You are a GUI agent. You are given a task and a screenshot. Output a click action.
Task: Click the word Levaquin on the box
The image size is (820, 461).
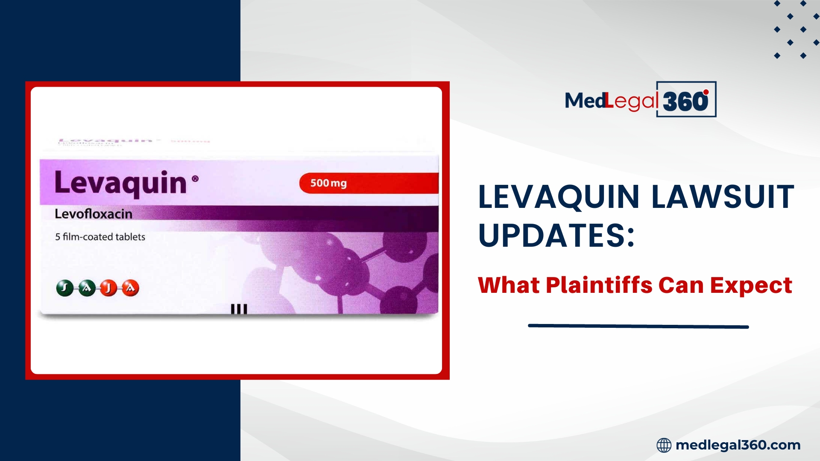click(x=120, y=184)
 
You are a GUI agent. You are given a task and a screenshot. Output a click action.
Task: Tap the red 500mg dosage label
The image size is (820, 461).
click(x=328, y=183)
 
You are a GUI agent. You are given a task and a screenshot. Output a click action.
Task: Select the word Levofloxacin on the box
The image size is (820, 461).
click(x=93, y=214)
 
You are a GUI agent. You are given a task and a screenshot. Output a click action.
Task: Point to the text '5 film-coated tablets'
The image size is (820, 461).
click(x=100, y=237)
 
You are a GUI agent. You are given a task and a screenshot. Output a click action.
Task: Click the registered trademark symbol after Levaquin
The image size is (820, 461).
click(x=195, y=179)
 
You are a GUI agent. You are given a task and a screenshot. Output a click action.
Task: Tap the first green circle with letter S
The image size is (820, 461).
click(x=65, y=288)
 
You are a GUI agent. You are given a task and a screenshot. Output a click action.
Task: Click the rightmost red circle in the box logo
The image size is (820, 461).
click(x=130, y=288)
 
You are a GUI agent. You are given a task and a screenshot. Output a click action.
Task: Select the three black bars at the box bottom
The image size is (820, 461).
click(x=239, y=309)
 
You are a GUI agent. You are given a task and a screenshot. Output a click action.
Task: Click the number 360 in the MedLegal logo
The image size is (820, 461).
click(x=685, y=102)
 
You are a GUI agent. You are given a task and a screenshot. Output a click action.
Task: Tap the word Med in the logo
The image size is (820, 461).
click(x=584, y=101)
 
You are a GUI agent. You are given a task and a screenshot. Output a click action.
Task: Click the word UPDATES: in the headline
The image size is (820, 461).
click(x=556, y=235)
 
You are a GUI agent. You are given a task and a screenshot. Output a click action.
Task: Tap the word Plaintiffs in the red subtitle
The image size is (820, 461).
click(x=599, y=285)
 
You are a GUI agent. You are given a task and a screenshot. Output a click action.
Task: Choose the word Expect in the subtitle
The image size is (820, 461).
click(x=751, y=285)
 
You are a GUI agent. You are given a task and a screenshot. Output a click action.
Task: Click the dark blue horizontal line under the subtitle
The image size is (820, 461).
click(x=638, y=326)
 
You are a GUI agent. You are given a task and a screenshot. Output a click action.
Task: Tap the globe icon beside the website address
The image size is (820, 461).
click(x=664, y=445)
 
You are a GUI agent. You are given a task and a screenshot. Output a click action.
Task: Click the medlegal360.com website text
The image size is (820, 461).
click(x=738, y=445)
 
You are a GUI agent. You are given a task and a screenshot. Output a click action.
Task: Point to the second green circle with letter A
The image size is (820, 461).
click(x=87, y=288)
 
